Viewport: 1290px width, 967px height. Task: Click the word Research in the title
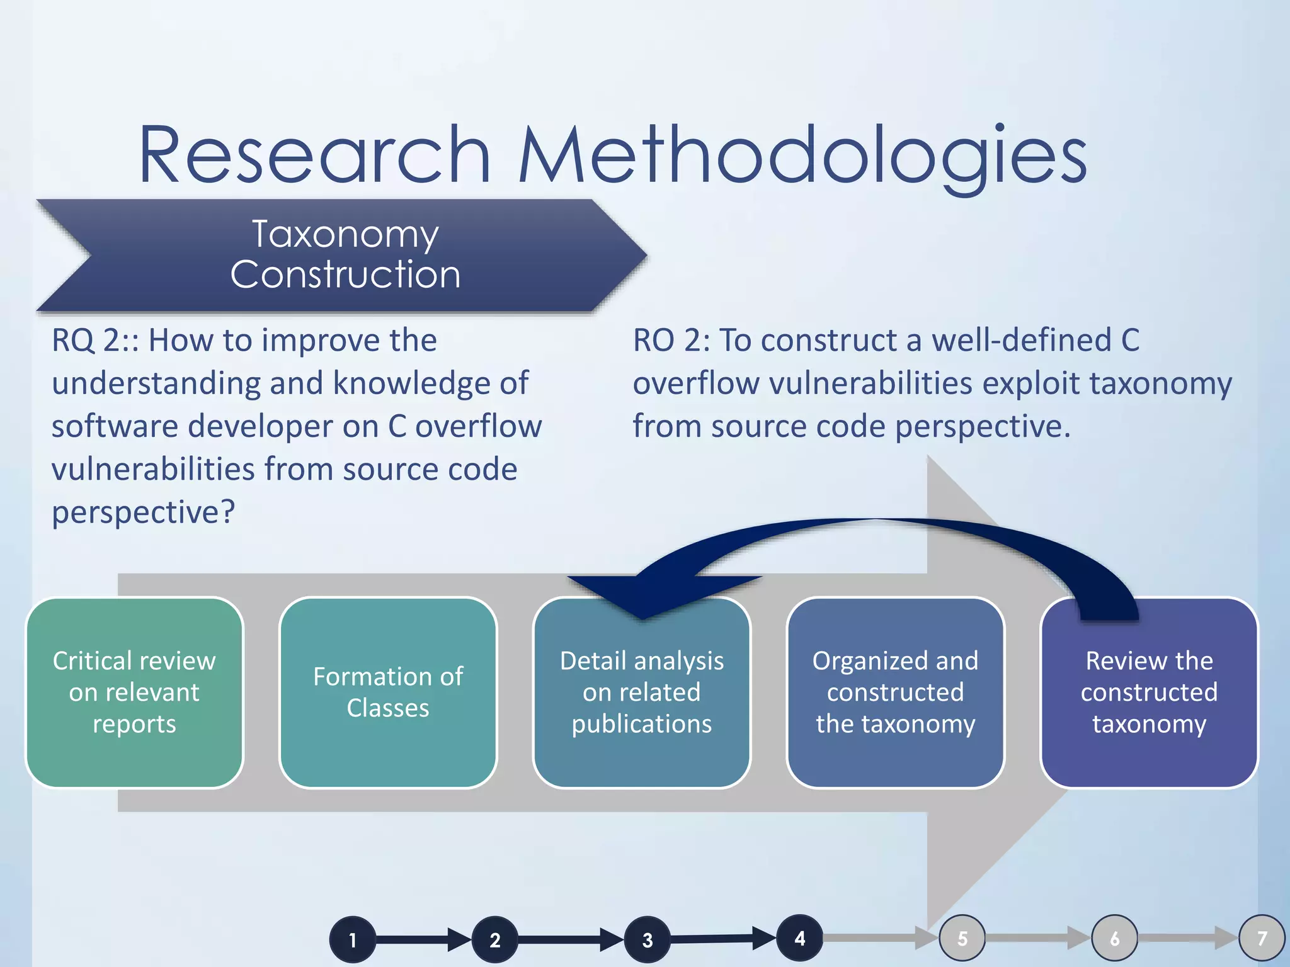click(x=314, y=156)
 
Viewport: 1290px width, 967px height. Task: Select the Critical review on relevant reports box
click(x=134, y=693)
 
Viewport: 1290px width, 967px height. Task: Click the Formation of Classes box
click(x=388, y=693)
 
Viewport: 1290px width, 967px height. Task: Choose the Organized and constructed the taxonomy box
click(x=895, y=693)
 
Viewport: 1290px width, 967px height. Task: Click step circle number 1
click(x=353, y=940)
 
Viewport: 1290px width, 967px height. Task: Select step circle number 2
click(x=495, y=940)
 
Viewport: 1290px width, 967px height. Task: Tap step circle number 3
click(x=648, y=940)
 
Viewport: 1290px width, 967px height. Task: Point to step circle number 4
click(x=800, y=938)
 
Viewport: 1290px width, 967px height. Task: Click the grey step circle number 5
click(x=962, y=938)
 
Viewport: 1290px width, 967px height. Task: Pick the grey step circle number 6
click(x=1114, y=938)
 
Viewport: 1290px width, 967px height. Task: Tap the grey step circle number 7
click(x=1262, y=938)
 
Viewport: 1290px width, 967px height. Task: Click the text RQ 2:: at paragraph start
click(x=94, y=341)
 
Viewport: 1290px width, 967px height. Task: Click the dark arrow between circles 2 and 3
click(x=571, y=940)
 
